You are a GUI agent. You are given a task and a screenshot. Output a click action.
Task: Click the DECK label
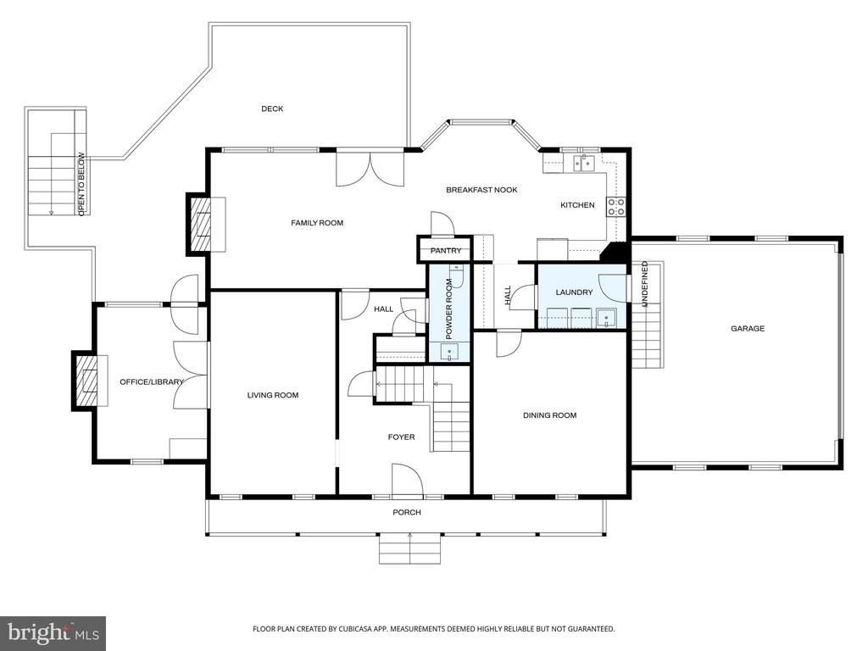[272, 109]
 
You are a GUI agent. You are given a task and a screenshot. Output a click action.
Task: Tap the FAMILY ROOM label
[317, 223]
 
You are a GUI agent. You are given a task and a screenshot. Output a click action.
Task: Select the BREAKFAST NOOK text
[481, 190]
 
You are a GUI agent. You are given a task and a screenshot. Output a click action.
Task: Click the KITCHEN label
[577, 205]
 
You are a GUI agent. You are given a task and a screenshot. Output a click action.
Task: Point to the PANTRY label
[446, 251]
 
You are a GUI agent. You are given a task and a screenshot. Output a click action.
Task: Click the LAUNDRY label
[574, 292]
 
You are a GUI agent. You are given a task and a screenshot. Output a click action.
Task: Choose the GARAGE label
[748, 329]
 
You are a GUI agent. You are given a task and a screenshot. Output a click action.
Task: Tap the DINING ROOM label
[549, 415]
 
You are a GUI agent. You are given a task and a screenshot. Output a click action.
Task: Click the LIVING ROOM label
[273, 395]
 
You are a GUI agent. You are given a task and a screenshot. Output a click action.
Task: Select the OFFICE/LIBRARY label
[152, 382]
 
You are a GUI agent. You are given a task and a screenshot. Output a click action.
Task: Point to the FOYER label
[401, 437]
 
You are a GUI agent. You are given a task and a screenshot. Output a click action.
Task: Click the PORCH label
[407, 513]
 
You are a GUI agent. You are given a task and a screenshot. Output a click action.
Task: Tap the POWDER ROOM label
[449, 309]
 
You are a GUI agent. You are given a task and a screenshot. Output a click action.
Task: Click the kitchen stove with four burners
[616, 207]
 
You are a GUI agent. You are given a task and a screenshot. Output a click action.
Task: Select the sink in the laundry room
[606, 319]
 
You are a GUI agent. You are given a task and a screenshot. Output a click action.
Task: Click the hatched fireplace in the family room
[200, 224]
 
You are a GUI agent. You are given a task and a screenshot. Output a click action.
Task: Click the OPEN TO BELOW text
[81, 184]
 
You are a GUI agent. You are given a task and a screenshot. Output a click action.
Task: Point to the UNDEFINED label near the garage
[644, 285]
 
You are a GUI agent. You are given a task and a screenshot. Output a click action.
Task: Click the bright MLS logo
[53, 632]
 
